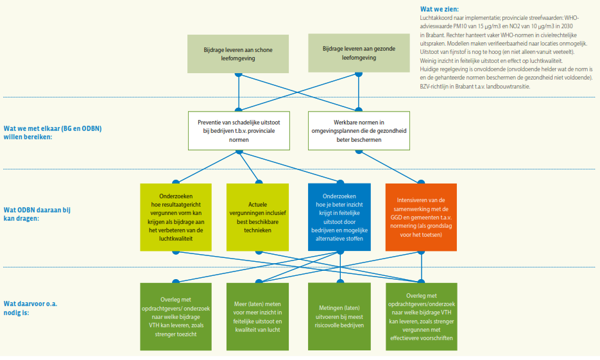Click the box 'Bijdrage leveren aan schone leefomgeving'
coord(239,53)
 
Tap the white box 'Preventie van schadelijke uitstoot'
coord(239,130)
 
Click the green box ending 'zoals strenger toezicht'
coord(176,316)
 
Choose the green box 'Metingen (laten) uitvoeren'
coord(339,316)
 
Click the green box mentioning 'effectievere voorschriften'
coord(420,316)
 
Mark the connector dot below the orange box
coord(420,251)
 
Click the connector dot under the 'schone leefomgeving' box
coord(239,74)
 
